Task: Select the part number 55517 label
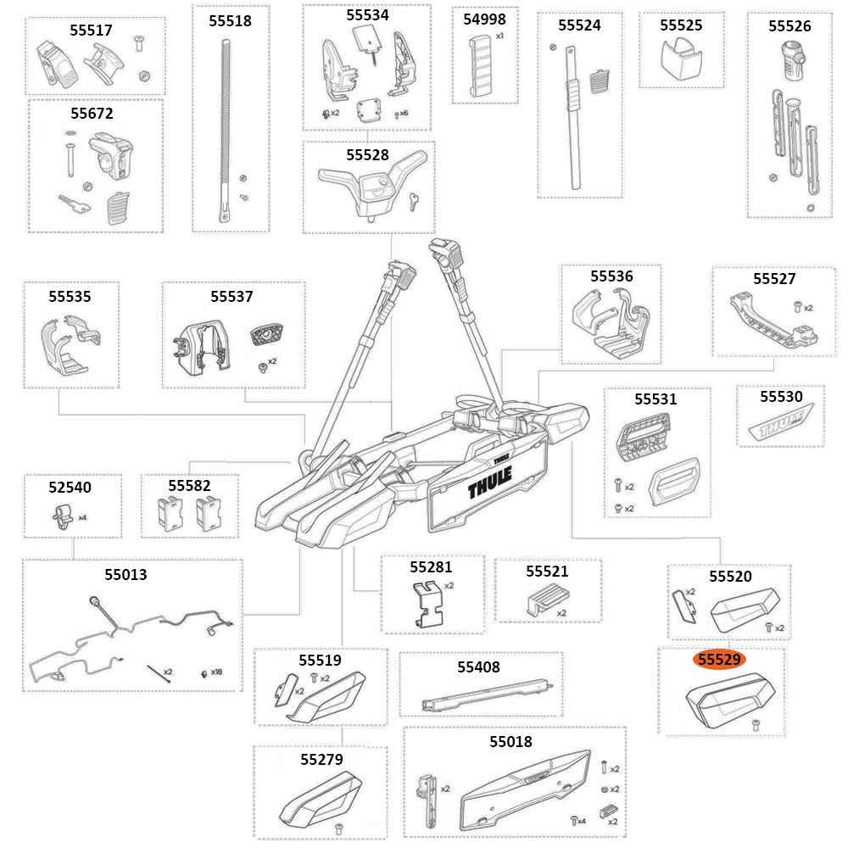pyautogui.click(x=91, y=30)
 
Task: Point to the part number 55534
pyautogui.click(x=367, y=14)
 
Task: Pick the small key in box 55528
pyautogui.click(x=413, y=200)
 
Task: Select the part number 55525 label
pyautogui.click(x=681, y=25)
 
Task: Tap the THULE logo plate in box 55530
pyautogui.click(x=779, y=424)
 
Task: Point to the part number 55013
pyautogui.click(x=126, y=574)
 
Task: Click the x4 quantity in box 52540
pyautogui.click(x=82, y=516)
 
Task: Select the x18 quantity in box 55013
pyautogui.click(x=217, y=672)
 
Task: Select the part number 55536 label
pyautogui.click(x=611, y=276)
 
